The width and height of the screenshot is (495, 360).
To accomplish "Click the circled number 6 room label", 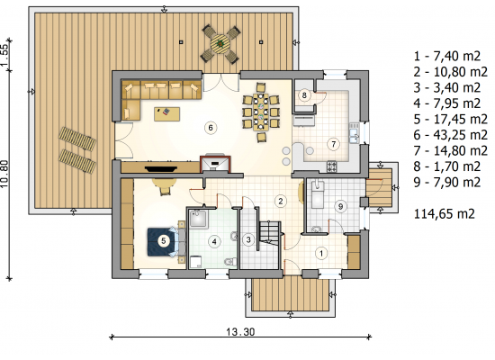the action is [211, 128].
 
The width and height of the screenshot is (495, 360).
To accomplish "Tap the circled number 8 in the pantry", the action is [304, 95].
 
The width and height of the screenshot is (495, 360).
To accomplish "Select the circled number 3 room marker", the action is [248, 239].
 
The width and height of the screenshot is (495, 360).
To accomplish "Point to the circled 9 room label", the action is [340, 206].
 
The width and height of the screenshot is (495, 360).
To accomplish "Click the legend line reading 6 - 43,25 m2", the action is [451, 135].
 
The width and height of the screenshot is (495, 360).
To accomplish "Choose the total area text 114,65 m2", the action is [445, 214].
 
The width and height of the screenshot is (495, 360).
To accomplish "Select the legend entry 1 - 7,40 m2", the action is [447, 56].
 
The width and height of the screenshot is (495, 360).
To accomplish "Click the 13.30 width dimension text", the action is [240, 332].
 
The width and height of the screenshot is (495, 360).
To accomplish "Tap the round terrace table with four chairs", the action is [220, 44].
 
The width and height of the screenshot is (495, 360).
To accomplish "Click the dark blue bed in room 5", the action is [162, 242].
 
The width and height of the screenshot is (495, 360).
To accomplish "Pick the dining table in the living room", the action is [261, 112].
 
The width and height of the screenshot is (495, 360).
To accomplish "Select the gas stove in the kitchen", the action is [332, 166].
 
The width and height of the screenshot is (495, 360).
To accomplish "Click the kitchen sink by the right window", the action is [355, 133].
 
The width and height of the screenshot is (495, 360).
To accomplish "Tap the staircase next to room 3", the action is [270, 235].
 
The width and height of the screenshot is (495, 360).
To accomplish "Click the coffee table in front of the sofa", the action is [167, 113].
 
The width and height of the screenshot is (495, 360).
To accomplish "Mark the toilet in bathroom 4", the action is [230, 262].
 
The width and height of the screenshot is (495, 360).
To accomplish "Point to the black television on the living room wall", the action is [161, 168].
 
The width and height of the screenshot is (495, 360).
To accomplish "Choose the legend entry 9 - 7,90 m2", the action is [447, 182].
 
